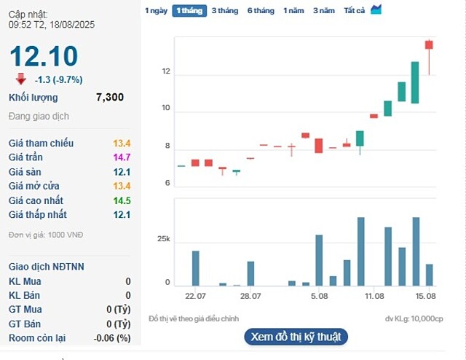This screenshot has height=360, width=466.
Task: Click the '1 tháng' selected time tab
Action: point(189,11)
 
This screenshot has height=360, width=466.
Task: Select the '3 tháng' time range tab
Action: point(225,11)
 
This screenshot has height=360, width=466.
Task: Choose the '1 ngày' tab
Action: point(156,11)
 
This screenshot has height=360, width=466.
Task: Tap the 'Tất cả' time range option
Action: point(354,11)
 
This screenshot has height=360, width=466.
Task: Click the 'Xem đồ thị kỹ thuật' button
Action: point(295,337)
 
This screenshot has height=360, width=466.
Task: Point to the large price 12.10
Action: point(43,56)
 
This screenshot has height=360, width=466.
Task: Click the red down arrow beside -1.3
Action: point(20,79)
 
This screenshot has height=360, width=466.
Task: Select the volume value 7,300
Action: point(110,98)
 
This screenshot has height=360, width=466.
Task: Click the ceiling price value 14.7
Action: point(121,157)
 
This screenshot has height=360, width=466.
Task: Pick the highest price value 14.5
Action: point(121,200)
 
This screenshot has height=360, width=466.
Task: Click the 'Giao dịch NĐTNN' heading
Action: point(47,267)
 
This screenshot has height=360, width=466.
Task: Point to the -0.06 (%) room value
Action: point(113,338)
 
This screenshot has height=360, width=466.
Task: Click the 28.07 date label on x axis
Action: point(250,295)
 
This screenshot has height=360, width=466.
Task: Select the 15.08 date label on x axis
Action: point(426,295)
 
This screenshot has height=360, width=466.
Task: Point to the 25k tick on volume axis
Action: point(163,240)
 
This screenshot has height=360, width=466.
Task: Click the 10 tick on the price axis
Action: point(166,109)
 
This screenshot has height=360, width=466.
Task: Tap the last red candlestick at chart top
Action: point(429,45)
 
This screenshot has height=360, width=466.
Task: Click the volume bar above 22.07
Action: point(195,267)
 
